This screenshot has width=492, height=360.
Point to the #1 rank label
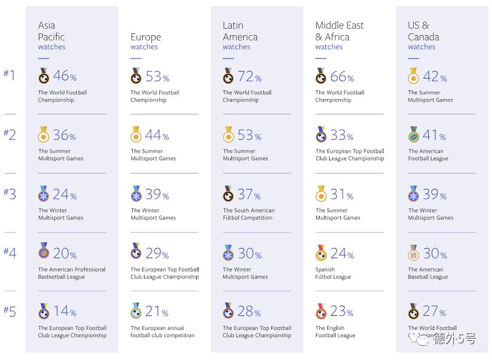coord(10,76)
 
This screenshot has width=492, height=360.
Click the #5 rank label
coord(10,311)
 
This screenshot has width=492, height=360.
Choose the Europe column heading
coord(146,37)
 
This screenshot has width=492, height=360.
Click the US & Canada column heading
coord(423,31)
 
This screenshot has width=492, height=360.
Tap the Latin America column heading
coord(240,31)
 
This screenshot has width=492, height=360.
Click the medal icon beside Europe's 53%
coord(136,77)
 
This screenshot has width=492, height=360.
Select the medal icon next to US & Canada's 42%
coord(413,77)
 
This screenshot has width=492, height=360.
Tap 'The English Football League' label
coord(335,332)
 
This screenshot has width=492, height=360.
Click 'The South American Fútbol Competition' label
coord(248,214)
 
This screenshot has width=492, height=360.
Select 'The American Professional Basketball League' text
coord(72,273)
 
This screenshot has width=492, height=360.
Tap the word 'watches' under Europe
coord(144,47)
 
